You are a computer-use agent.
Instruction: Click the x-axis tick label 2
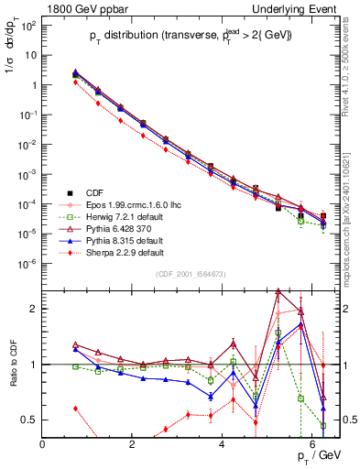pos(133,444)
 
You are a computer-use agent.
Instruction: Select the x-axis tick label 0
pos(43,444)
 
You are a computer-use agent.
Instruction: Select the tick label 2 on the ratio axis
pos(36,309)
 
